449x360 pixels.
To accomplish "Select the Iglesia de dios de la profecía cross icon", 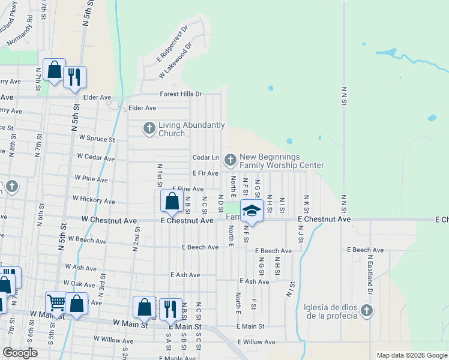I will point(367,310).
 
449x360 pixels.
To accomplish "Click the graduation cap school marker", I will point(252,210).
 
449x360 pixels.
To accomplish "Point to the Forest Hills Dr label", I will point(181,94).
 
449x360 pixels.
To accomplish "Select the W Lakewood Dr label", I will point(175,60).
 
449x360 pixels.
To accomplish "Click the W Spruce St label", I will point(96,138).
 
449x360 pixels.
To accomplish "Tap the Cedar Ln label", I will point(205,157).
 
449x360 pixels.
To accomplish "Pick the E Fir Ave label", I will point(205,173).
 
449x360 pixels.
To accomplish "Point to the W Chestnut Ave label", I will point(112,220).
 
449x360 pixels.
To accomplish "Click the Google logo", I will point(20,353).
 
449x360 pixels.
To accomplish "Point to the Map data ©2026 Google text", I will point(411,355).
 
